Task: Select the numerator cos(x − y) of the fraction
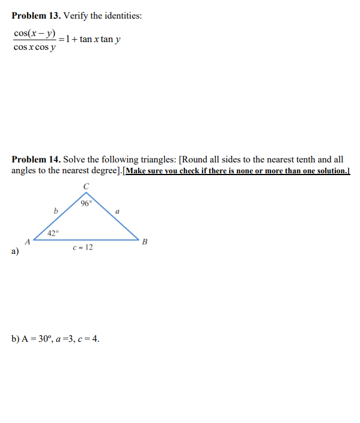point(35,33)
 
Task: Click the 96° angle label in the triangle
point(85,203)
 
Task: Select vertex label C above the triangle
point(86,187)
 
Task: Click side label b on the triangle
point(55,211)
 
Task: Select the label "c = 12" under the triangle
point(82,248)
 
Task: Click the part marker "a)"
point(15,252)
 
